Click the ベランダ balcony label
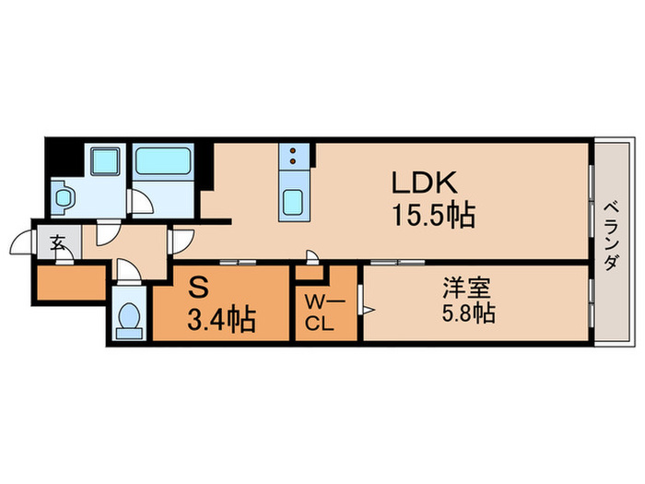612,235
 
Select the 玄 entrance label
58,244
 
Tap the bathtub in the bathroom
162,161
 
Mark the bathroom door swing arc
141,201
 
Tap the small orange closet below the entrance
70,282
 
